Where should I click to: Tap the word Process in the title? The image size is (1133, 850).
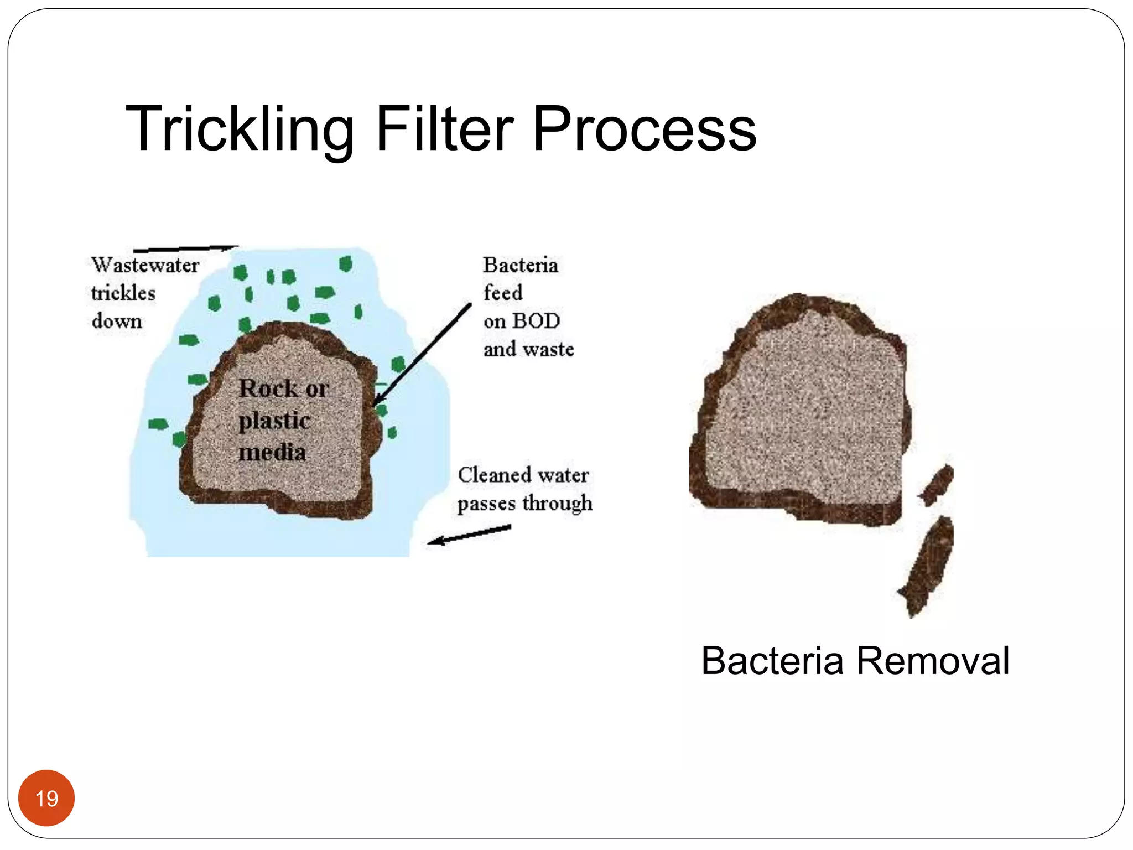[x=644, y=129]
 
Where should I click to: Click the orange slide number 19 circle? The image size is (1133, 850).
[x=46, y=798]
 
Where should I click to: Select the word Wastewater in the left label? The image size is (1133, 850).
[x=145, y=265]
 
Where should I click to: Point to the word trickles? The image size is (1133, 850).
[x=123, y=293]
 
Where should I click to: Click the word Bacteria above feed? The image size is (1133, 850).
[x=520, y=265]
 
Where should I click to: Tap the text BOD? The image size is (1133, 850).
[x=536, y=321]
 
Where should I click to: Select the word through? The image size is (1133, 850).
[x=557, y=503]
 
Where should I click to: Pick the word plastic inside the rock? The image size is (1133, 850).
[x=274, y=421]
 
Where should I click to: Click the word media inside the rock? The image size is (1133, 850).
[x=272, y=453]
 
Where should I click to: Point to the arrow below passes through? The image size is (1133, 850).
[x=469, y=535]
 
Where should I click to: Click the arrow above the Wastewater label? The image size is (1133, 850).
[x=185, y=249]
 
